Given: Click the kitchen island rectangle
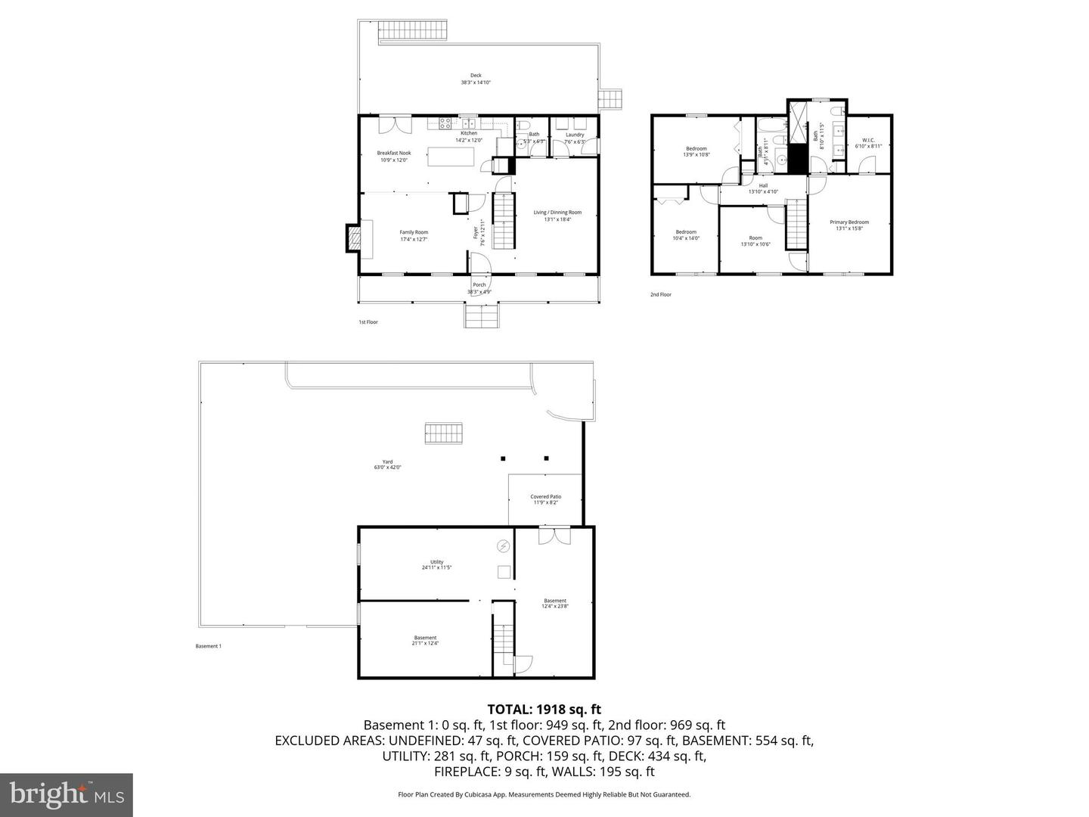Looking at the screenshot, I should click(451, 157).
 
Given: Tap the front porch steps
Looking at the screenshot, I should click(482, 315).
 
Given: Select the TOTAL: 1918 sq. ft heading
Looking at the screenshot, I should click(544, 709).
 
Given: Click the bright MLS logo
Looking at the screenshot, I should click(67, 794).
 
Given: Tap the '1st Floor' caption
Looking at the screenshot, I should click(368, 322).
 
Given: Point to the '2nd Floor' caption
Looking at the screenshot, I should click(660, 294).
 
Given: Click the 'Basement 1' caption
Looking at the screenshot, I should click(208, 646).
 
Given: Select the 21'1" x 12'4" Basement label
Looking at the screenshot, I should click(425, 640).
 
